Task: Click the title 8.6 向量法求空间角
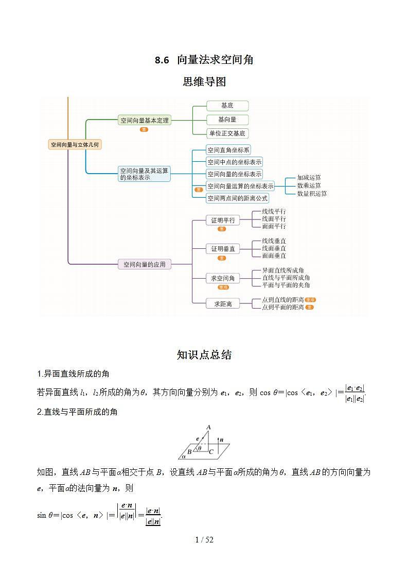pos(204,60)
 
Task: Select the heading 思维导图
pos(204,82)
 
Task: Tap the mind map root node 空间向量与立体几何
pos(75,145)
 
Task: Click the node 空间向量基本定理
pos(144,121)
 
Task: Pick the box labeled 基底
pos(227,106)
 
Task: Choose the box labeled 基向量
pos(227,120)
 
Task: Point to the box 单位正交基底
pos(227,133)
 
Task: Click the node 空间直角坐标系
pos(228,150)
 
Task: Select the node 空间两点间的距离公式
pos(237,198)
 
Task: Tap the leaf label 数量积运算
pos(312,194)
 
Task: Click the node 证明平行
pos(222,220)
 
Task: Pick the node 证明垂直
pos(222,249)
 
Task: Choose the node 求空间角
pos(222,278)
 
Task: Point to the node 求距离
pos(223,304)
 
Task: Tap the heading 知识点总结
pos(204,355)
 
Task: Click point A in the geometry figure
pos(208,427)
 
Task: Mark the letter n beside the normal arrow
pos(221,440)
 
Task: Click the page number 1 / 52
pos(204,540)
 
